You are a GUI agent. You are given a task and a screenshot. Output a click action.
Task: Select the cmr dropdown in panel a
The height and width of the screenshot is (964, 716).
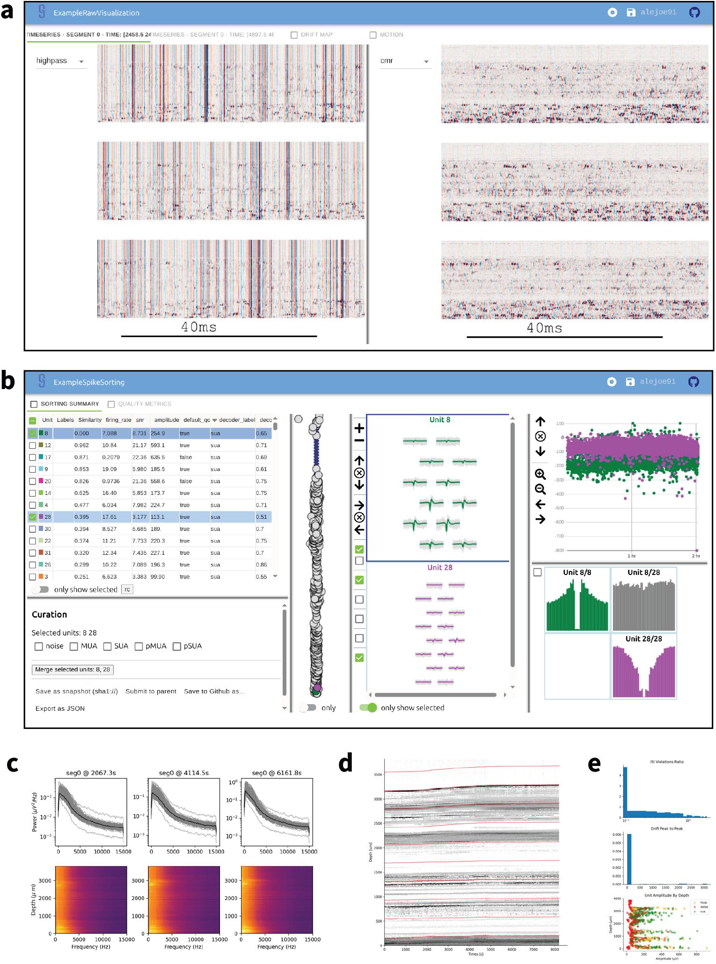[x=404, y=61]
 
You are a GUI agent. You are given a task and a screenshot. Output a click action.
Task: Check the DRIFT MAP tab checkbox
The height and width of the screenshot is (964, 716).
[x=294, y=35]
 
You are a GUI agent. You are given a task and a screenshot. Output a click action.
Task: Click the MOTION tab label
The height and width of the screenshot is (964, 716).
[x=391, y=35]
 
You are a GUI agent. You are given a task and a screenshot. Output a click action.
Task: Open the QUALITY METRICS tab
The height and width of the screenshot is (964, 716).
[x=144, y=404]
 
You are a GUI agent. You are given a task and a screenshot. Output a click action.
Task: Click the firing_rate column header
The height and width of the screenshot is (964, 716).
[x=118, y=420]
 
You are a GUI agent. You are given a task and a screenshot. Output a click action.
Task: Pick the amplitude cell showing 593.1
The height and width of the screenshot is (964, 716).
[x=158, y=445]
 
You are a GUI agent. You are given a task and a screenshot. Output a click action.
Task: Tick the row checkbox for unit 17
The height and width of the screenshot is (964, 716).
[x=33, y=457]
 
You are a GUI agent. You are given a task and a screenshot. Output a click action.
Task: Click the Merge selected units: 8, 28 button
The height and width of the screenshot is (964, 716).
[x=73, y=670]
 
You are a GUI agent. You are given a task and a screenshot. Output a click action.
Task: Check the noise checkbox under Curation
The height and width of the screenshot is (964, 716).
[x=39, y=647]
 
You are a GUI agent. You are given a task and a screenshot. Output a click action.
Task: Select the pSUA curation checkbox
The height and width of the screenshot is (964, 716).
[x=177, y=647]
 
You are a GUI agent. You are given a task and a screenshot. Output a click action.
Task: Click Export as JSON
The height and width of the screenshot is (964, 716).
[x=60, y=709]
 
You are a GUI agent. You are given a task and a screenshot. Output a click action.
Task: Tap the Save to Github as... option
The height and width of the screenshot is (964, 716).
[x=214, y=692]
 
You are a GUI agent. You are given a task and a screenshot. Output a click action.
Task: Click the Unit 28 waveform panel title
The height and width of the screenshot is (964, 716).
[x=439, y=567]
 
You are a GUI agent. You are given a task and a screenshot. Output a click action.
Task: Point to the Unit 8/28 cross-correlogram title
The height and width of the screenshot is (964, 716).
[x=643, y=573]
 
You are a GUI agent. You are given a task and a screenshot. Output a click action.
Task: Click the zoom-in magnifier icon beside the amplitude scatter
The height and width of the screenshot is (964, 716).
[x=540, y=474]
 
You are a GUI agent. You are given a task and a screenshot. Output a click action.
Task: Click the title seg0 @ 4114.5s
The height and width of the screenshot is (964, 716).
[x=184, y=773]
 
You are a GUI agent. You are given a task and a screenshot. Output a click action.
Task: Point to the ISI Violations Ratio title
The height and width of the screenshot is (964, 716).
[x=666, y=762]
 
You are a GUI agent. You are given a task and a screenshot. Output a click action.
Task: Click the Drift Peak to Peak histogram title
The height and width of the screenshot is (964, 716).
[x=666, y=829]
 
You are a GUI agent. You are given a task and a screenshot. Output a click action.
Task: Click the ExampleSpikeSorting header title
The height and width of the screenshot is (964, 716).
[x=89, y=383]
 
